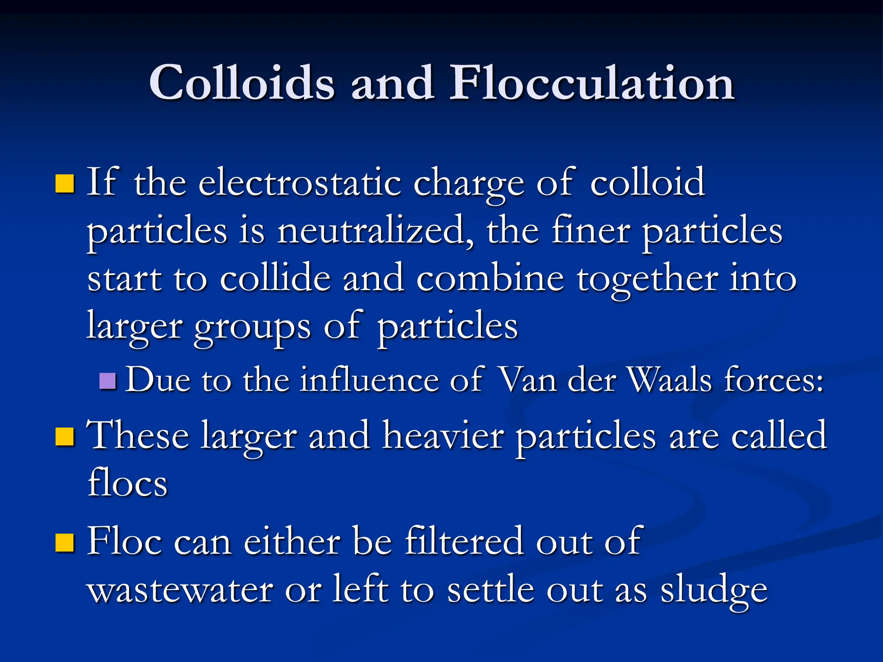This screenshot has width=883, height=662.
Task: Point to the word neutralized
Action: point(374,231)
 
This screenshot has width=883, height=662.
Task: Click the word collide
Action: point(275,278)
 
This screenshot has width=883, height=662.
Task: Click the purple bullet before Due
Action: point(107,381)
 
